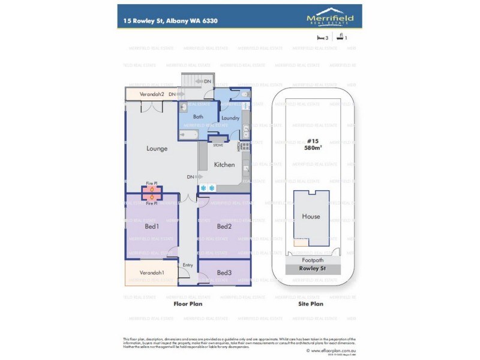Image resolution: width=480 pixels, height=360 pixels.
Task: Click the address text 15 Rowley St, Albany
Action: (x=170, y=20)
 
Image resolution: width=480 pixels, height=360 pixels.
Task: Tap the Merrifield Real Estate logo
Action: (x=330, y=17)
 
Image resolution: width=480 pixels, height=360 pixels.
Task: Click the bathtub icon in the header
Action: (x=341, y=37)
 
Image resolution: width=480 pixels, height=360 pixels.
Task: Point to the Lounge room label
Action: (x=157, y=148)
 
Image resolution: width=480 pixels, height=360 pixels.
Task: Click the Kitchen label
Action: (x=224, y=164)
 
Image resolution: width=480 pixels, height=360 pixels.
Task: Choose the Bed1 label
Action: (x=152, y=226)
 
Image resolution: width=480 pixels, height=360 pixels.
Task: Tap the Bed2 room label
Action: (x=224, y=226)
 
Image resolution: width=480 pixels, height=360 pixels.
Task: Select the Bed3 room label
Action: (x=224, y=273)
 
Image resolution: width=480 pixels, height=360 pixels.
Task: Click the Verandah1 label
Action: (x=152, y=273)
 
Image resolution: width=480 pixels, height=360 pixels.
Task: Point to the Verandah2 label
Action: (x=152, y=94)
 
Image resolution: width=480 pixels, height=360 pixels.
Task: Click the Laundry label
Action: (x=230, y=118)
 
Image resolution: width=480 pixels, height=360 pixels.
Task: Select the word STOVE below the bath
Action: (x=218, y=145)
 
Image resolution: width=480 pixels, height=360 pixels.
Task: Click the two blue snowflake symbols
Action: (x=207, y=188)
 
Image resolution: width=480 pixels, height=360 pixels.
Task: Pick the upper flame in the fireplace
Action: (x=152, y=190)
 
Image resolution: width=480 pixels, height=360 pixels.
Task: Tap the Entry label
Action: (x=188, y=265)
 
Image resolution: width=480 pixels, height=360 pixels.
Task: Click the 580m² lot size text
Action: (x=311, y=148)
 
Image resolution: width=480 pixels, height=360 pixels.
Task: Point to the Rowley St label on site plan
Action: (x=311, y=269)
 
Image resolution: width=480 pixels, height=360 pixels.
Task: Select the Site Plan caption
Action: (x=311, y=304)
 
